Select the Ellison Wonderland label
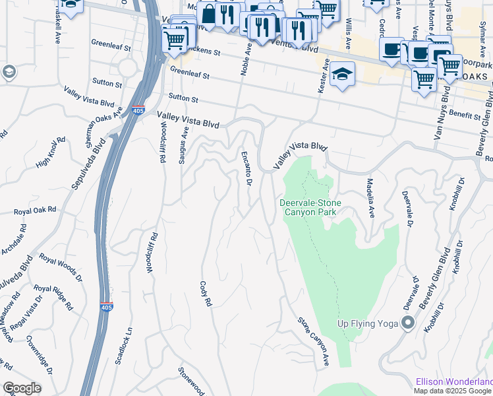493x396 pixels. tap(454, 381)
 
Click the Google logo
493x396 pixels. tap(22, 388)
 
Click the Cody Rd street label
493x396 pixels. tap(206, 293)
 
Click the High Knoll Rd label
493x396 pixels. tap(51, 153)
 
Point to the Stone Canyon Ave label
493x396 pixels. tap(314, 343)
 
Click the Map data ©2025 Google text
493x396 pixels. tap(452, 390)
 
